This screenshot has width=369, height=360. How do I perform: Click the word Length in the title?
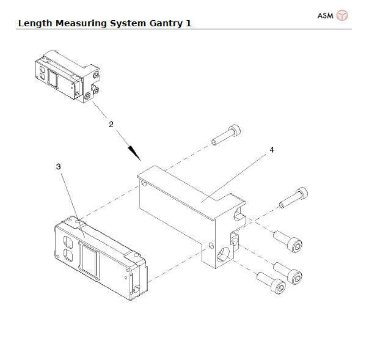coord(35,23)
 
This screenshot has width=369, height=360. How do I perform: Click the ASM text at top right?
coord(325,15)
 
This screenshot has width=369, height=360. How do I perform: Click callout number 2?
coord(111,124)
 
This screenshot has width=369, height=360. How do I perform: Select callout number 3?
coord(58,166)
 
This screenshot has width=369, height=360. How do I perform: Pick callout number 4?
coord(271,149)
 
